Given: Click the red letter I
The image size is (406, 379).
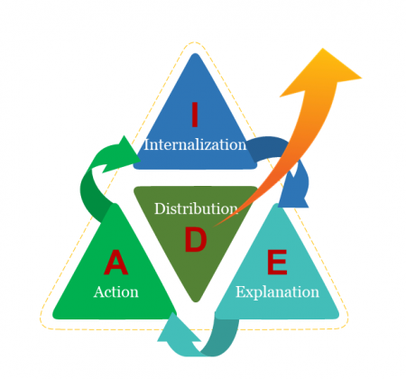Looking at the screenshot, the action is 195,115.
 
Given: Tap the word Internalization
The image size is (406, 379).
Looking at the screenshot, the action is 195,144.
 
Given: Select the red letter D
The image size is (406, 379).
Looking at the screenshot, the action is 196,239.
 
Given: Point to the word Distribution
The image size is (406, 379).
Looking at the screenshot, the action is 197,208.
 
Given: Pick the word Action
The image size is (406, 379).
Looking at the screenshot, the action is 116,291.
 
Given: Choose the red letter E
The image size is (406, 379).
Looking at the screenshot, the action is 277,262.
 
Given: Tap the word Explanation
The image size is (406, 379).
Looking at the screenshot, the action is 277,292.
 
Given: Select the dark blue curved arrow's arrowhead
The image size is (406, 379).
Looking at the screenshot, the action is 294,192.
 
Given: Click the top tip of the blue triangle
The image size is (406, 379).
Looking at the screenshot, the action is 196,54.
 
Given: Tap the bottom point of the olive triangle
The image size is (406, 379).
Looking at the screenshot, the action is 196,301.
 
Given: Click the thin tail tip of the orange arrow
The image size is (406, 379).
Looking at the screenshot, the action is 213,226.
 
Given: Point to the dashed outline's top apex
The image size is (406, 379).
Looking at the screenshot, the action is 195,42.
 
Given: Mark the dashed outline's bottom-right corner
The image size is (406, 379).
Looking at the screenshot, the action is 346,324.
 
